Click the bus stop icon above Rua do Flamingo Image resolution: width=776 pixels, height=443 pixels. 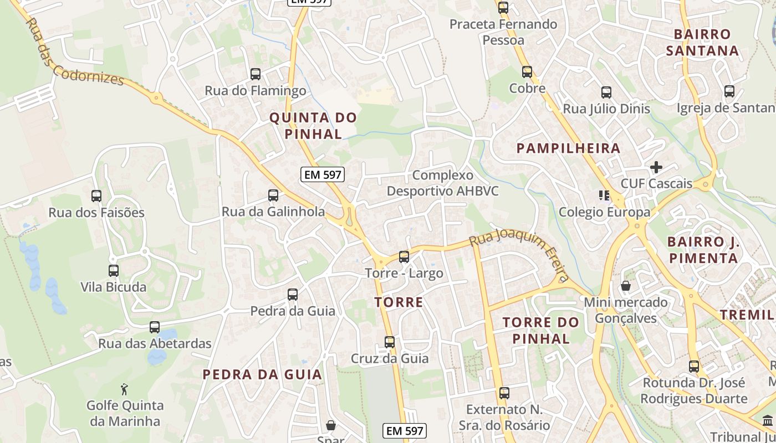[256, 74]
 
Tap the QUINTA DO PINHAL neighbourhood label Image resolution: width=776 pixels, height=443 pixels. [313, 126]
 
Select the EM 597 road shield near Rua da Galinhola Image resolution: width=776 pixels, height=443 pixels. [323, 175]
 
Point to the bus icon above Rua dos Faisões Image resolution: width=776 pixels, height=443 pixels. [96, 195]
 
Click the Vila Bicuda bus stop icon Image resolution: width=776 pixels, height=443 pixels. [114, 271]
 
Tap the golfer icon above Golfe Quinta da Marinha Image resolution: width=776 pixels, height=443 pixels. [125, 389]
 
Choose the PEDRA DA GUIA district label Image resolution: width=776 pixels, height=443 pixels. [262, 375]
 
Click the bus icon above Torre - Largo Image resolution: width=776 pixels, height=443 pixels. [404, 257]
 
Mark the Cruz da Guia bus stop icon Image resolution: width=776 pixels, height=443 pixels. [390, 342]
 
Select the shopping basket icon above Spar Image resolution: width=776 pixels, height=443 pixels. [331, 425]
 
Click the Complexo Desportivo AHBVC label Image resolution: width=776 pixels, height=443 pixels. [442, 183]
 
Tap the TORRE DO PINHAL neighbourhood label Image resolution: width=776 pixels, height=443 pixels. [541, 331]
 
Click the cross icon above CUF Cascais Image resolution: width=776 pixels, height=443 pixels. [656, 167]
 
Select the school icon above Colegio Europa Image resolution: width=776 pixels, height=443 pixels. [604, 195]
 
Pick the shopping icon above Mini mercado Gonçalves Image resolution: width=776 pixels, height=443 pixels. [626, 286]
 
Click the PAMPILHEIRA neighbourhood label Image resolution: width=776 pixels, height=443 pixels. [568, 148]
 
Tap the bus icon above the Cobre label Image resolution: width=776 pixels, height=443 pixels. [527, 71]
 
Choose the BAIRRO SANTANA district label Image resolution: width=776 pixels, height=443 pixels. [702, 43]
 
